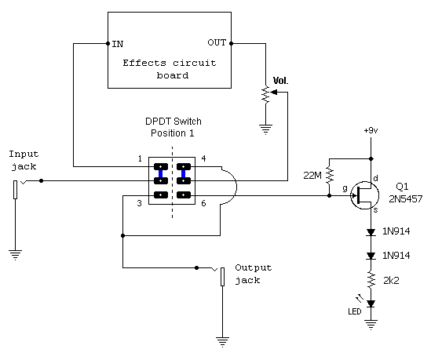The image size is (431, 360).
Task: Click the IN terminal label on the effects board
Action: (118, 44)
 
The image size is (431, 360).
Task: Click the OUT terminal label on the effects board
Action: (217, 42)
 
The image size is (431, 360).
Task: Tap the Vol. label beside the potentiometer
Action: (280, 81)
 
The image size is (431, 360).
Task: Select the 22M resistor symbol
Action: (329, 175)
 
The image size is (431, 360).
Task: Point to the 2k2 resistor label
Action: (391, 280)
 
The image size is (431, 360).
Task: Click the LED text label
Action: (355, 311)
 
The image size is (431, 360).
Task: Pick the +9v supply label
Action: (371, 130)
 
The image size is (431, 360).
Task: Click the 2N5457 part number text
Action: (405, 198)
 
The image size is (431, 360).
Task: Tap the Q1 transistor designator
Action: (402, 187)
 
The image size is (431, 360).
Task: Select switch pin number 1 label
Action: (140, 158)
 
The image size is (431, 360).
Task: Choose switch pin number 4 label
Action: (203, 158)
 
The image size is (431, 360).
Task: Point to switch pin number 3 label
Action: (140, 203)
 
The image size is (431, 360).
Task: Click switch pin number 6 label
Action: (203, 203)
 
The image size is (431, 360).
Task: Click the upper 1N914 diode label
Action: (396, 231)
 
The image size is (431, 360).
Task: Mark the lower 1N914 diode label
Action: (396, 256)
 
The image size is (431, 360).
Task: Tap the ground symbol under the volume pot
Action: (265, 129)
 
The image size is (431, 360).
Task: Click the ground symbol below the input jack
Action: (15, 255)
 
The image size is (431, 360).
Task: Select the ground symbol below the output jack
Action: (222, 342)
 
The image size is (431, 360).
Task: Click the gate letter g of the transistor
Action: (345, 188)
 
